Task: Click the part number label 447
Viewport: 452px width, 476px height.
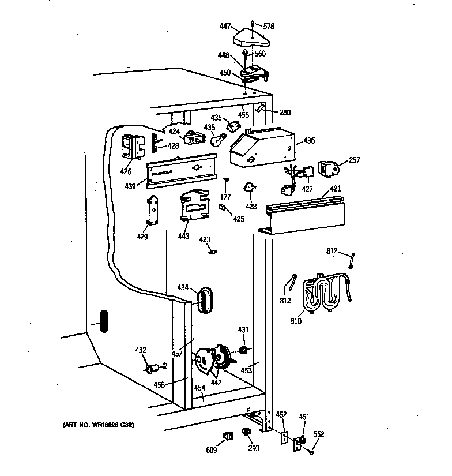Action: pos(225,27)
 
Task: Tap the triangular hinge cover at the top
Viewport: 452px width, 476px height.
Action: pos(253,38)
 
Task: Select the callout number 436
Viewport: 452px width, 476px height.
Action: pos(310,140)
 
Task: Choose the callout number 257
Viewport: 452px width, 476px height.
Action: pos(354,160)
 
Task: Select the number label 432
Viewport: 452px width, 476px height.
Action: pos(141,350)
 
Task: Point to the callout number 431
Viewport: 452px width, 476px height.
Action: pos(243,329)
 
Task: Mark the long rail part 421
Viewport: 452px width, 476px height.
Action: pos(303,213)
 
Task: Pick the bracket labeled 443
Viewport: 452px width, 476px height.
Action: pos(194,206)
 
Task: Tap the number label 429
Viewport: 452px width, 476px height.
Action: pos(142,238)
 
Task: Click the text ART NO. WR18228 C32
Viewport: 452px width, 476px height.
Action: pos(98,425)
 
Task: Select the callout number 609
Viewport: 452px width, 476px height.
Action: pos(213,449)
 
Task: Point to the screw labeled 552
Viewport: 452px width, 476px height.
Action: pos(311,452)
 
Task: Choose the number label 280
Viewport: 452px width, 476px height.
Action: pos(285,113)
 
